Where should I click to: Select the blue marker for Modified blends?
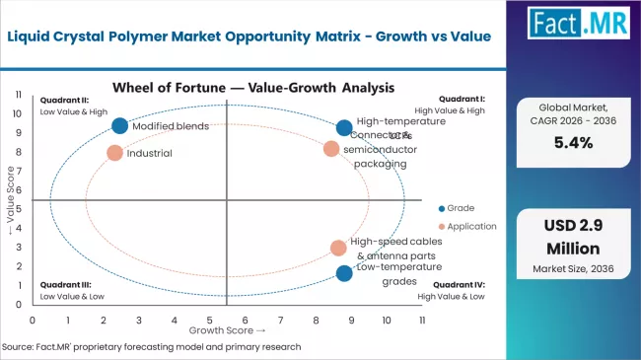[119, 125]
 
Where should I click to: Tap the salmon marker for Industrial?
[114, 153]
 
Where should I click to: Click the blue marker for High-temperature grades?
[343, 127]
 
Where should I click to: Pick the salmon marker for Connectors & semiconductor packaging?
[331, 149]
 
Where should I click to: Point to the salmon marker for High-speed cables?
[338, 248]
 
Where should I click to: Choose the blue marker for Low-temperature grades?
[343, 273]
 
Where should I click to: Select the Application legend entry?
[465, 225]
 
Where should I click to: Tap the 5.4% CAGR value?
[578, 141]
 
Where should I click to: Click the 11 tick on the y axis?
[19, 95]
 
